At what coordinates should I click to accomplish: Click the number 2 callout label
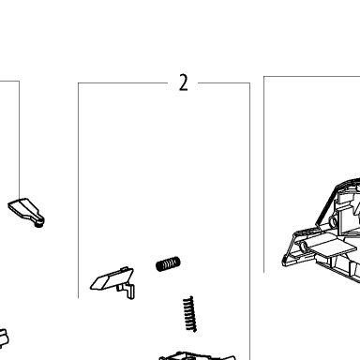coord(184,82)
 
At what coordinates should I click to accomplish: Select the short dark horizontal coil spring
coord(168,264)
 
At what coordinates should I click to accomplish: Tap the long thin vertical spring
coord(190,314)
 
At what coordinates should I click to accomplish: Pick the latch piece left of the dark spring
coord(112,278)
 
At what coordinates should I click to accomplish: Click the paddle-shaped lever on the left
coord(26,213)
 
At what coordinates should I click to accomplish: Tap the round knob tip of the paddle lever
coord(39,223)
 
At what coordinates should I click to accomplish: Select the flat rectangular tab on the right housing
coord(335,247)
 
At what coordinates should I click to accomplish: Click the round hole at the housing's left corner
coord(303,247)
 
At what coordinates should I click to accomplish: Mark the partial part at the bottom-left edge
coord(3,338)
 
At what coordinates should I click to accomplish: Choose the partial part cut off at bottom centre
coord(197,356)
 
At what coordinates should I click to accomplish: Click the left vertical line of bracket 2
coord(78,190)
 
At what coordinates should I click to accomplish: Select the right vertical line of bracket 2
coord(250,221)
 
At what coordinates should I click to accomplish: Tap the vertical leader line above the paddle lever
coord(20,140)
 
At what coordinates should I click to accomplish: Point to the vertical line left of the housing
coord(264,174)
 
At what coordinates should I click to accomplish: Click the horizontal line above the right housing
coord(312,76)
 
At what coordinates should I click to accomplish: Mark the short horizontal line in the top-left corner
coord(9,82)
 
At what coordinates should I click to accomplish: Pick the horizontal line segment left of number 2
coord(123,83)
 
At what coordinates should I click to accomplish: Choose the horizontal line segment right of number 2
coord(224,83)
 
